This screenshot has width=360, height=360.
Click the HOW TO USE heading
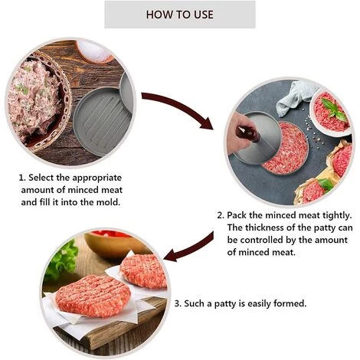point(179,15)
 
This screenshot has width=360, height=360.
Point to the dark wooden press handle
point(247,135)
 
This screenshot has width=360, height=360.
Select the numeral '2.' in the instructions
point(221,215)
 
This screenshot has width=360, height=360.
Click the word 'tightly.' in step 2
point(333,215)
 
